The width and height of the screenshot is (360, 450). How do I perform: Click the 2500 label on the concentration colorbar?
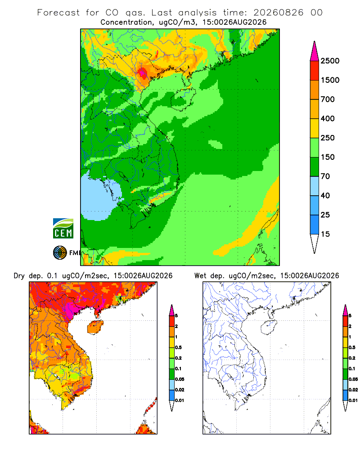coord(330,61)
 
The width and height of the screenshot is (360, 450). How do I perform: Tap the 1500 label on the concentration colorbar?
coord(330,80)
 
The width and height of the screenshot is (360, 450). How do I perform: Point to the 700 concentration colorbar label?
coord(328,99)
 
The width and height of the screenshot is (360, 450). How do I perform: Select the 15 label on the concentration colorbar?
coord(325,234)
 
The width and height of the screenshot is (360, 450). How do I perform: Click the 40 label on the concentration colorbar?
coord(325,195)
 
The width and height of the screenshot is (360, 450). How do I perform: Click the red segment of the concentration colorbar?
coord(315,71)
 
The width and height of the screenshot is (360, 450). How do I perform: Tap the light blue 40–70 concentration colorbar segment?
coord(315,186)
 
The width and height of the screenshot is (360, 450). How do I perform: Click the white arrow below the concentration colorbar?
coord(315,243)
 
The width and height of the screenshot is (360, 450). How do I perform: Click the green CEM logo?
coord(63,229)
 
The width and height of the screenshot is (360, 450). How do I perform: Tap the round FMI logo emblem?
coord(60,253)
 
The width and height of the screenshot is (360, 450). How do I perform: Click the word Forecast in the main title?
coord(58,13)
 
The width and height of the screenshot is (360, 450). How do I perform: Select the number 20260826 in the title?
coord(278,13)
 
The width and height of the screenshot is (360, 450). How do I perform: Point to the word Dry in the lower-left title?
coord(19,276)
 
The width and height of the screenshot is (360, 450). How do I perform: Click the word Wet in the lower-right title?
coord(200,276)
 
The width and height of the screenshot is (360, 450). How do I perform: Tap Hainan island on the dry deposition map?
coord(95,327)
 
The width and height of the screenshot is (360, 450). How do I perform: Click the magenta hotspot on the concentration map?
coord(142,73)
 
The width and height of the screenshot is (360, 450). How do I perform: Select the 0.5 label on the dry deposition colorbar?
coord(178,347)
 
